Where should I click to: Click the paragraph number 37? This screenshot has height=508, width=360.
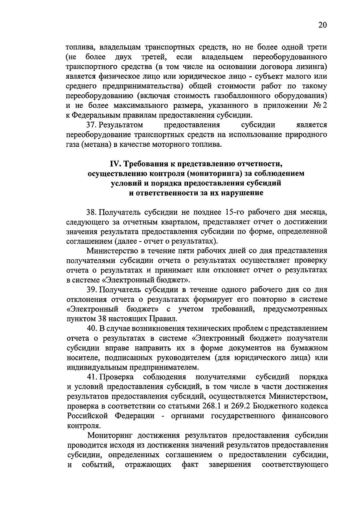click(91, 125)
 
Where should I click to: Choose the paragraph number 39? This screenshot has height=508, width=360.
click(91, 290)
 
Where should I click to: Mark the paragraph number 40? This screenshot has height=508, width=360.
click(91, 329)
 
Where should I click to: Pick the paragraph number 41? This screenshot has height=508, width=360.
click(91, 377)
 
